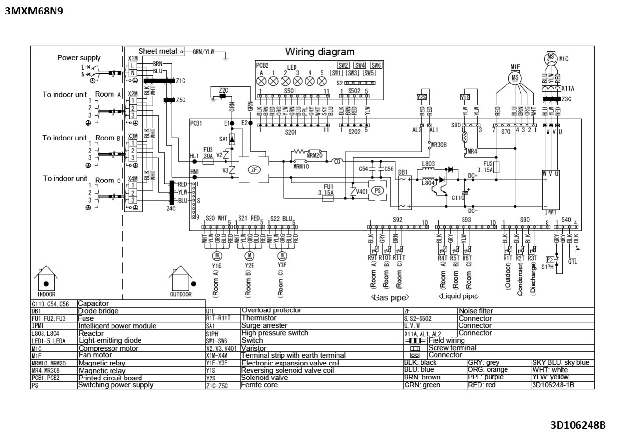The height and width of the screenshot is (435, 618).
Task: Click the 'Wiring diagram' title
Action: point(320,52)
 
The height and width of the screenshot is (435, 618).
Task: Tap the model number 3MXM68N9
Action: point(34,11)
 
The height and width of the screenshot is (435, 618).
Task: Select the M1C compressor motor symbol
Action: point(550,59)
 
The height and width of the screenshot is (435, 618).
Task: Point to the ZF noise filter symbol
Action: point(253,169)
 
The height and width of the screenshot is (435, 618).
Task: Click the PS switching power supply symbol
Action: point(378,190)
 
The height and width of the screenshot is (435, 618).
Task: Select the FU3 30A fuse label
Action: point(208,153)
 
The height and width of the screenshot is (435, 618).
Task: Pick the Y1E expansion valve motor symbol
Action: point(217,255)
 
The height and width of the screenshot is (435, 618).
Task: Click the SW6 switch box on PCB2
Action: point(376,65)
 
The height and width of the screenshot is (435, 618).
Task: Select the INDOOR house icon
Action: point(46,280)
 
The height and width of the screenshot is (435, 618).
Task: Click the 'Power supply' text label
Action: point(79,58)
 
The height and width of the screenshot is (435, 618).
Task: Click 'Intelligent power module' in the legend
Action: point(117,326)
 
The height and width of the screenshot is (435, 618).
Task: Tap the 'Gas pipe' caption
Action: point(390,298)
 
